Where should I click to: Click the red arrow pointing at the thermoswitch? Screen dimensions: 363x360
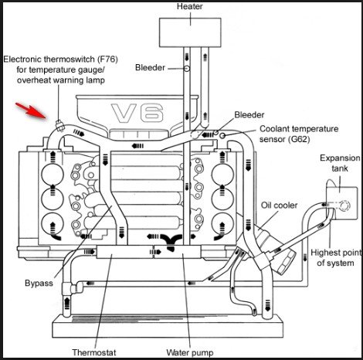[x=31, y=110]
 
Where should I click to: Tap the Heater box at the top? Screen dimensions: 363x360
[x=190, y=32]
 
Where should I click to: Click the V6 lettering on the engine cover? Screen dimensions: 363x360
[x=137, y=113]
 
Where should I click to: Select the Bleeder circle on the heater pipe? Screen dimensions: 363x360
[x=187, y=69]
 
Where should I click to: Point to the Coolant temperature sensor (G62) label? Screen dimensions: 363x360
[x=299, y=134]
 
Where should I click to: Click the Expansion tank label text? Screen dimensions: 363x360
[x=340, y=163]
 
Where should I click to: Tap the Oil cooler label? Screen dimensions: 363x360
[x=279, y=205]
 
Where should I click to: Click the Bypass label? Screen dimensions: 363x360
[x=39, y=283]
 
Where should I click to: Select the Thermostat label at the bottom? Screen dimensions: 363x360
[x=94, y=352]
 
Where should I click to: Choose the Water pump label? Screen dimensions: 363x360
[x=190, y=352]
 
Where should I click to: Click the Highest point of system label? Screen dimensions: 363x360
[x=336, y=258]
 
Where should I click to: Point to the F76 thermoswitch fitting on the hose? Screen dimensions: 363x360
[x=59, y=125]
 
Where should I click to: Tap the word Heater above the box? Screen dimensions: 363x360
[x=190, y=6]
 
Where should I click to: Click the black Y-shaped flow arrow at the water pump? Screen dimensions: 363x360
[x=171, y=241]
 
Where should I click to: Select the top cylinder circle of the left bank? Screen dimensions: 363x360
[x=53, y=175]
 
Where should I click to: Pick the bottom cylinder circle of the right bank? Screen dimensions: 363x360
[x=222, y=225]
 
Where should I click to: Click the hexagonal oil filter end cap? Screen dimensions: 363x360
[x=286, y=261]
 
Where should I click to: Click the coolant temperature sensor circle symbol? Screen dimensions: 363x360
[x=222, y=135]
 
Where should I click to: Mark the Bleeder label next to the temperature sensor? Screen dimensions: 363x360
[x=249, y=115]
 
